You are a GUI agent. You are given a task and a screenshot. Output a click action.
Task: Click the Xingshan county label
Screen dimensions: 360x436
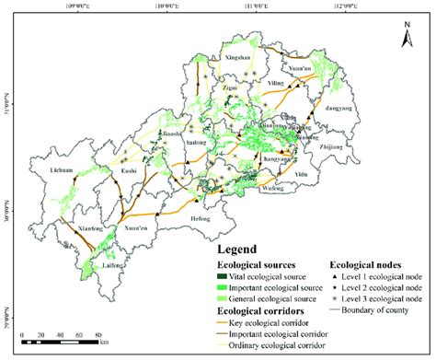tap(238, 57)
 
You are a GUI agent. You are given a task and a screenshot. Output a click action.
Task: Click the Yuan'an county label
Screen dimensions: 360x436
tap(302, 67)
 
